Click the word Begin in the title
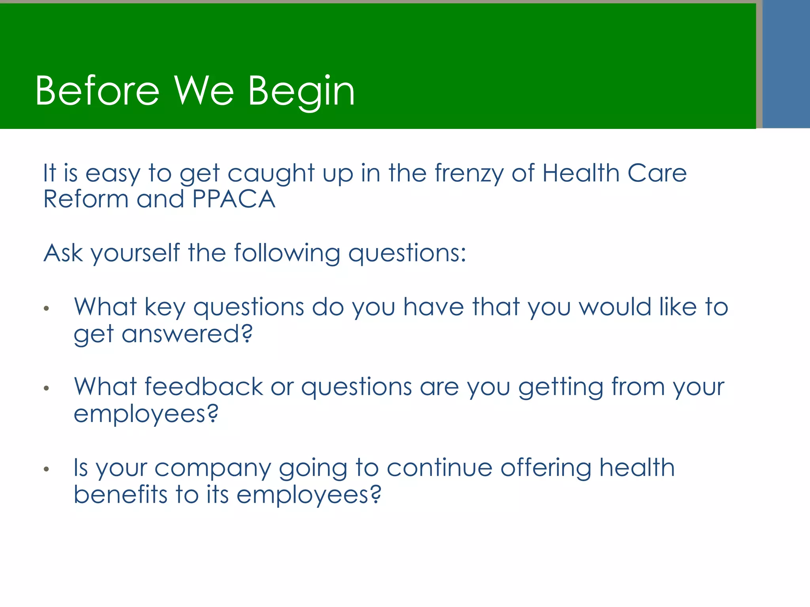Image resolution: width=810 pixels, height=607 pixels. pos(301,92)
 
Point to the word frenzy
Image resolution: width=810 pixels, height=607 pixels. pos(469,174)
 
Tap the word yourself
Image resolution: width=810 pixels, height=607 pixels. pos(135,253)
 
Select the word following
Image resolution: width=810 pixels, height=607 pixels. pos(287,253)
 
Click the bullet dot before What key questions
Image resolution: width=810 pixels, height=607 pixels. pos(46,309)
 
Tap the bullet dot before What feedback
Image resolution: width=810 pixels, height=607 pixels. pos(46,388)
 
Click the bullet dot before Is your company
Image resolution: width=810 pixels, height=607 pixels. pos(46,469)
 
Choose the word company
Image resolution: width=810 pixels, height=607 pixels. pos(212,469)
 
